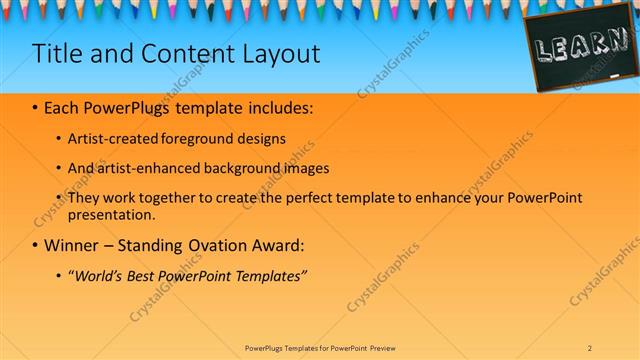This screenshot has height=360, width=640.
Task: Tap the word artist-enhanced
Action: coord(147,168)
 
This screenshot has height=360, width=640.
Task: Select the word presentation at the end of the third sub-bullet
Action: coord(111,214)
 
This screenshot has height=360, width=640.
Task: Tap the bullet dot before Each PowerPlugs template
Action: coord(36,106)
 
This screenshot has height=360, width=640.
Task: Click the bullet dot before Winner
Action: coord(36,245)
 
